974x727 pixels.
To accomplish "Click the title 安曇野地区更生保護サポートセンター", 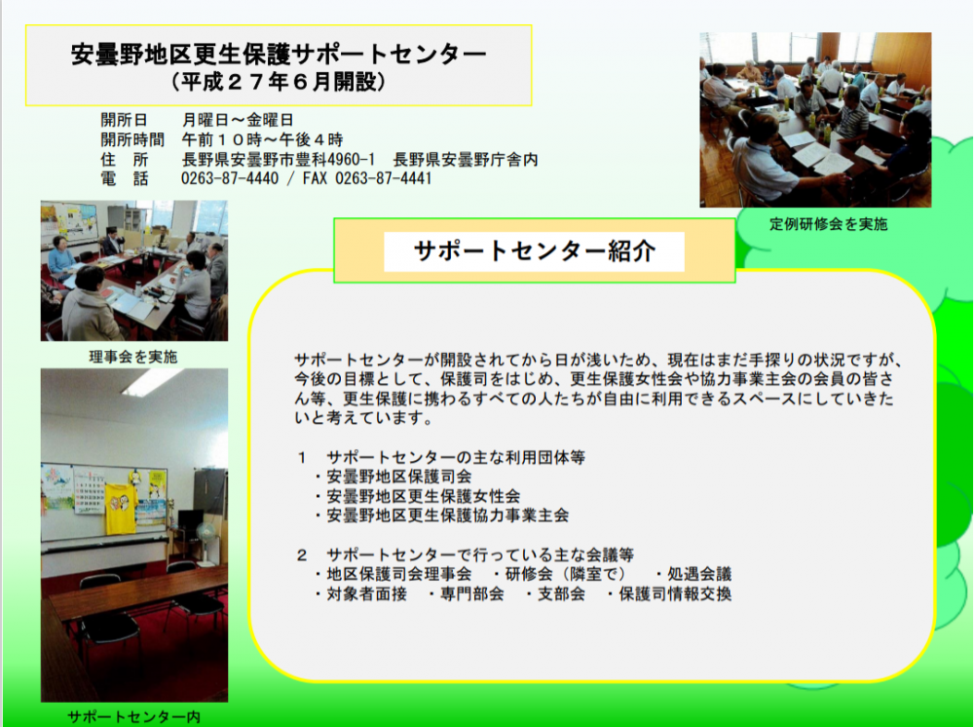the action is tap(279, 54).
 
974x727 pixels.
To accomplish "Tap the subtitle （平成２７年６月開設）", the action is tap(279, 82).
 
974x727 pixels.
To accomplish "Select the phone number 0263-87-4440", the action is tap(230, 179).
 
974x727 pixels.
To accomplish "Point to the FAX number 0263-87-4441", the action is tap(383, 179).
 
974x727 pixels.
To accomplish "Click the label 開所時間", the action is tap(132, 139).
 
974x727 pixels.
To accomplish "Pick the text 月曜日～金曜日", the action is tap(238, 120).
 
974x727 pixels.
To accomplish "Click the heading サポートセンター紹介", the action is tap(534, 251).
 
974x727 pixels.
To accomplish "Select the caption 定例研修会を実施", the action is tap(829, 224).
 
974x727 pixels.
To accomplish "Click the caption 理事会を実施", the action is tap(133, 357).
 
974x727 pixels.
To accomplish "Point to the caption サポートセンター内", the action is tap(133, 717).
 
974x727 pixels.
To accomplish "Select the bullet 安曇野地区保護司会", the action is tap(398, 477).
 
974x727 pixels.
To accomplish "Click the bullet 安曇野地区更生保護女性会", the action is tap(423, 496).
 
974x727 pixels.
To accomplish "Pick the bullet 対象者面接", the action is tap(366, 594).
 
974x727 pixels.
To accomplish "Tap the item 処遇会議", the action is tap(699, 574).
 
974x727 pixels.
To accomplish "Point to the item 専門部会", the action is tap(472, 594).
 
